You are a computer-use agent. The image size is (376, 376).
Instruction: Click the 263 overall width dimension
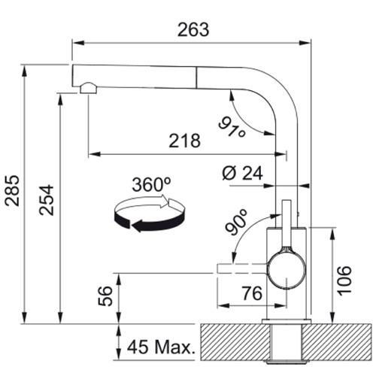point(193,29)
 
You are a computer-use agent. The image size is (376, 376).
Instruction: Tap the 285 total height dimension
point(12,190)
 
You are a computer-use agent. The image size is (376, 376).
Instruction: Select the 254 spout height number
point(47,200)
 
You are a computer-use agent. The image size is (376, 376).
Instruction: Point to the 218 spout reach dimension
point(185,141)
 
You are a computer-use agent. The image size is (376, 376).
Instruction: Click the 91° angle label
point(232,128)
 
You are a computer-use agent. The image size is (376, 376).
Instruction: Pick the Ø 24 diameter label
point(242,173)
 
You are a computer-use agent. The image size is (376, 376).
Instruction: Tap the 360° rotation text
point(151,185)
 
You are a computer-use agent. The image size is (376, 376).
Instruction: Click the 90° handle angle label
point(236,222)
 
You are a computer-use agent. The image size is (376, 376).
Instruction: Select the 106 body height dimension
point(344,280)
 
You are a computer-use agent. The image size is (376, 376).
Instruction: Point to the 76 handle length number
point(252,293)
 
